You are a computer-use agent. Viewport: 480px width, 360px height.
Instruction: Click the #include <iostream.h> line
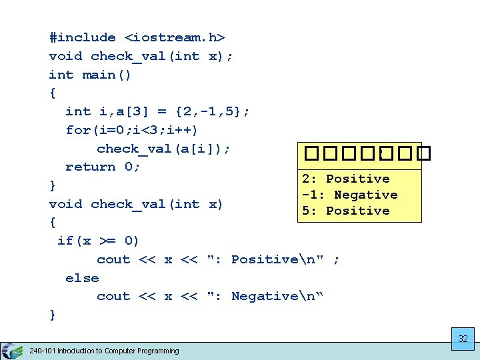pyautogui.click(x=137, y=38)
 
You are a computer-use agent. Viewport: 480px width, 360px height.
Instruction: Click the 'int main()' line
pyautogui.click(x=90, y=75)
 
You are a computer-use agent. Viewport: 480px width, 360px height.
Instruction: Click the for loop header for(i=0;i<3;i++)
pyautogui.click(x=131, y=130)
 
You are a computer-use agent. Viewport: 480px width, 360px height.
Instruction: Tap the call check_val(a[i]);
pyautogui.click(x=163, y=149)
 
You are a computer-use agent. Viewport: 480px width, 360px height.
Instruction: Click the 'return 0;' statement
pyautogui.click(x=103, y=167)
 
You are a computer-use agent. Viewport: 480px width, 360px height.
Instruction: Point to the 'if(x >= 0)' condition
pyautogui.click(x=98, y=241)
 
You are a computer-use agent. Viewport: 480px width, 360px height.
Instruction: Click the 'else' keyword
pyautogui.click(x=82, y=278)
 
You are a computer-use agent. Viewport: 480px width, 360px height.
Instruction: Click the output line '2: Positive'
pyautogui.click(x=345, y=179)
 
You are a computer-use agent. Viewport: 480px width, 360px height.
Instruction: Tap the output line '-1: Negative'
pyautogui.click(x=349, y=195)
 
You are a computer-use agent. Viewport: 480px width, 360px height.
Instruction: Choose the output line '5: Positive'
pyautogui.click(x=345, y=211)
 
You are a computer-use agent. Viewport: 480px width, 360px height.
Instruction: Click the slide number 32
pyautogui.click(x=463, y=339)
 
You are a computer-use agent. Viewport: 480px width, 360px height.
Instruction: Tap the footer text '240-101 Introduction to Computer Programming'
pyautogui.click(x=104, y=351)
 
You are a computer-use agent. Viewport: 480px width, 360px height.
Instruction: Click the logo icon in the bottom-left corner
pyautogui.click(x=11, y=351)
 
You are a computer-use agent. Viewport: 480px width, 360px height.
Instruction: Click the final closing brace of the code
pyautogui.click(x=53, y=315)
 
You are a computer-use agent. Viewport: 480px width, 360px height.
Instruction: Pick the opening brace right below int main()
pyautogui.click(x=53, y=93)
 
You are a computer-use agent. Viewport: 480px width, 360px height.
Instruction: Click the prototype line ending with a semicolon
pyautogui.click(x=141, y=57)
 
